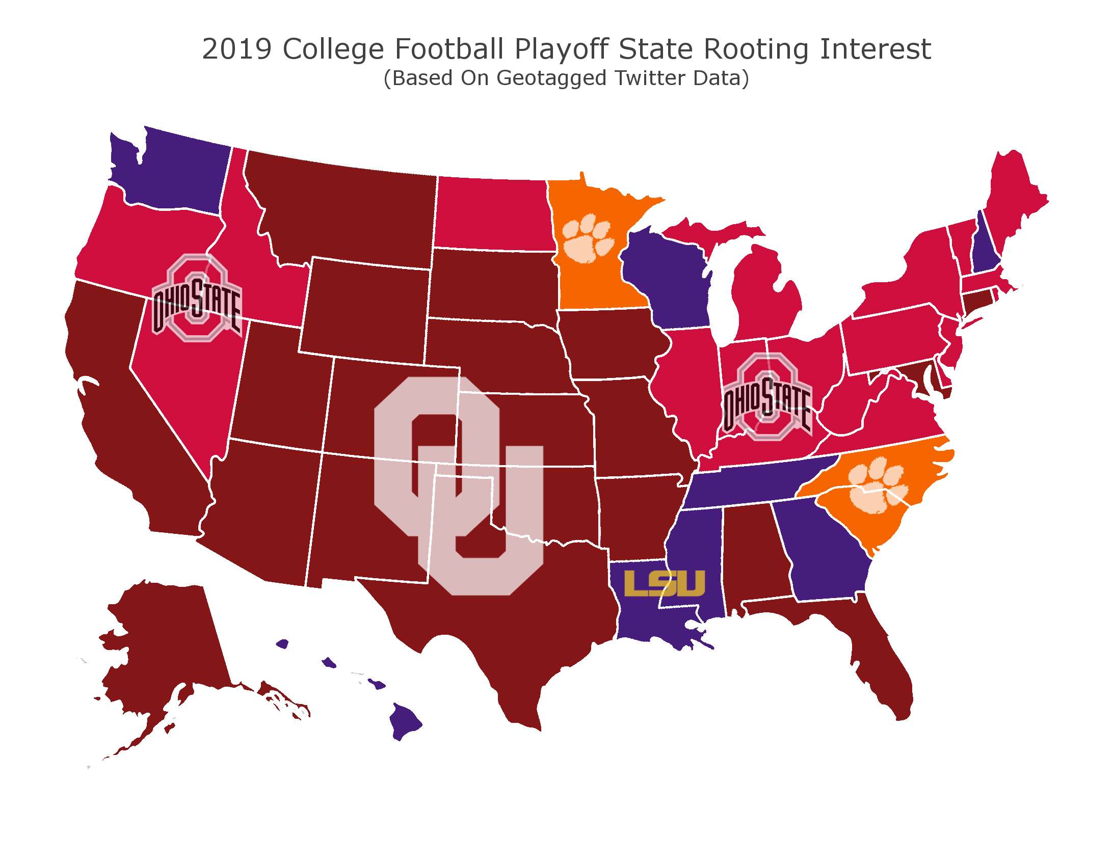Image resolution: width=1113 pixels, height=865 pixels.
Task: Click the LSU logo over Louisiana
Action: [x=665, y=583]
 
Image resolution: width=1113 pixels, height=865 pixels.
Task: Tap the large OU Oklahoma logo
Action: [x=459, y=484]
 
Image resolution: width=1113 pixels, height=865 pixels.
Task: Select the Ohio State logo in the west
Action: [x=197, y=298]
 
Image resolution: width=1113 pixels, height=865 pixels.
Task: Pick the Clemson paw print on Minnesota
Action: [x=588, y=238]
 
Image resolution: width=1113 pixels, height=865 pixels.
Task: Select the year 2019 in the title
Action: [x=236, y=49]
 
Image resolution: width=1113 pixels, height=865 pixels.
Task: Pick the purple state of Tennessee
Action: [x=754, y=484]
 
